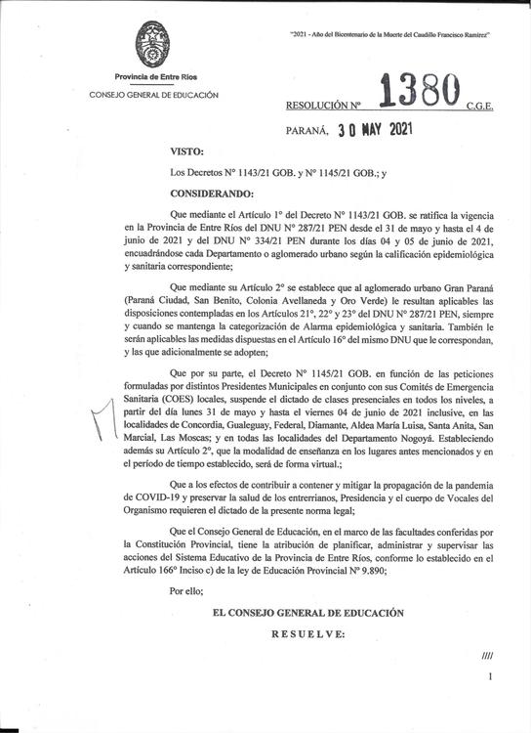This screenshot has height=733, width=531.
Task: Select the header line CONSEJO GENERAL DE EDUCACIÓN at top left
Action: pos(153,95)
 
